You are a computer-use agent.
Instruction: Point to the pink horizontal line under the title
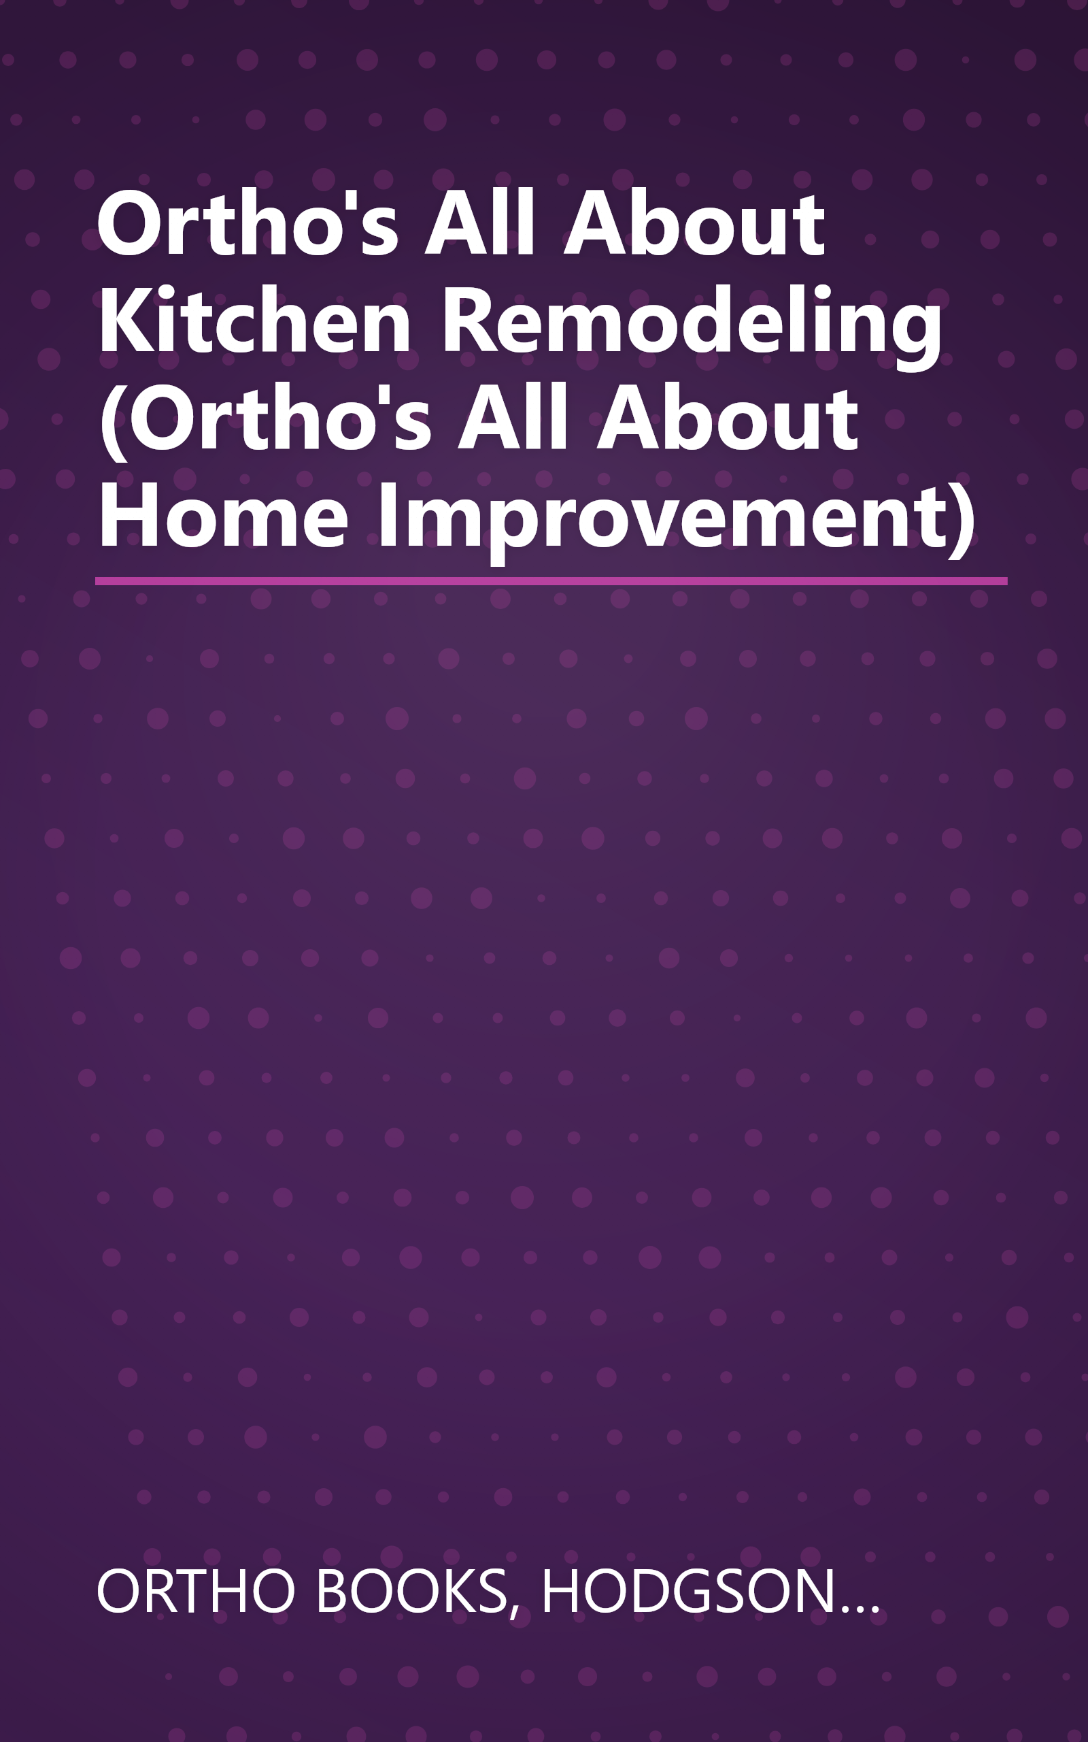tap(551, 581)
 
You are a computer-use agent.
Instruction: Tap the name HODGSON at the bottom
tap(687, 1591)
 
